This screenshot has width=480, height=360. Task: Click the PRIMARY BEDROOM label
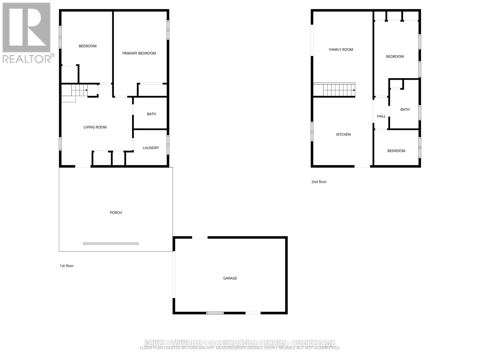[x=139, y=53]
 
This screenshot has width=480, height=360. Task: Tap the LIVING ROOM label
[x=95, y=127]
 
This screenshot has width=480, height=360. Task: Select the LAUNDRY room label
[x=151, y=148]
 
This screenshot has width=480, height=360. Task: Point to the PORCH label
[x=116, y=213]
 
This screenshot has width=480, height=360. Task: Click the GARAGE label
[x=230, y=278]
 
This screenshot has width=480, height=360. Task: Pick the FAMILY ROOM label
[x=341, y=50]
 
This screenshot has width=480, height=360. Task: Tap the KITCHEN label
[x=343, y=135]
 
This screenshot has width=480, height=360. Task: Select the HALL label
[x=381, y=116]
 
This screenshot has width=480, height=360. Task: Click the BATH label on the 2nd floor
[x=405, y=109]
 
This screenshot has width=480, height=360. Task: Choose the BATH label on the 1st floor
[x=151, y=114]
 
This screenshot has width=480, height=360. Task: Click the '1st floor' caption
[x=67, y=266]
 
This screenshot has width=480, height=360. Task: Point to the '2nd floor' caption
[x=319, y=182]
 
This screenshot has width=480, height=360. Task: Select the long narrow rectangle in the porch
[x=111, y=244]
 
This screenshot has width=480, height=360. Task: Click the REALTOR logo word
[x=27, y=58]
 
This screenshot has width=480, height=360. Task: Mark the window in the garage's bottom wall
[x=215, y=313]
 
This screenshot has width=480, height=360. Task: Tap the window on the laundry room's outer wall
[x=168, y=145]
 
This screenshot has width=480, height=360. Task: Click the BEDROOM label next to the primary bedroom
[x=88, y=46]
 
